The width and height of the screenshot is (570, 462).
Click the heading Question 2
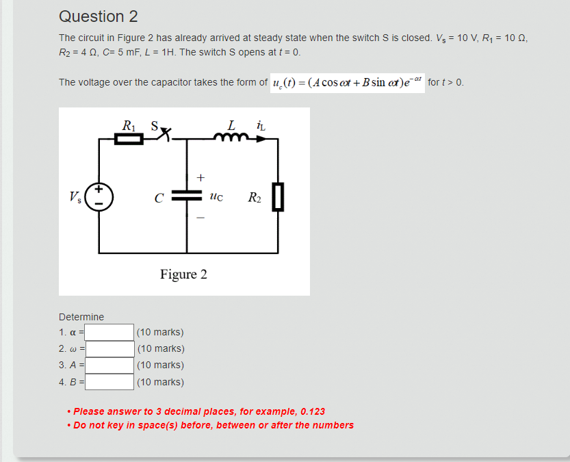[x=99, y=16]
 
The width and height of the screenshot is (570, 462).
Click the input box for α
[x=109, y=333]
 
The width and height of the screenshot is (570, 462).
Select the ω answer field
[x=109, y=349]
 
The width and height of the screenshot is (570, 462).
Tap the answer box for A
[x=109, y=365]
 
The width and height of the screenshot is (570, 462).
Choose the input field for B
[x=109, y=382]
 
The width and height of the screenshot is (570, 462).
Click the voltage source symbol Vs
[x=99, y=196]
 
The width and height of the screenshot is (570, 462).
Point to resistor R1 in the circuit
[x=129, y=140]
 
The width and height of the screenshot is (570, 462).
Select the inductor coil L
[x=231, y=138]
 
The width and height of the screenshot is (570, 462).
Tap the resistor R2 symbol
[x=278, y=197]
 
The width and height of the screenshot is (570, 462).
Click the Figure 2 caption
[x=183, y=275]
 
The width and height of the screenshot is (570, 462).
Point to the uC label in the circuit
[x=216, y=198]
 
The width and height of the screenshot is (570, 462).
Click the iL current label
[x=261, y=126]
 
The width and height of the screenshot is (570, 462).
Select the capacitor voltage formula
[x=348, y=84]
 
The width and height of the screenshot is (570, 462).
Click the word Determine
[x=81, y=317]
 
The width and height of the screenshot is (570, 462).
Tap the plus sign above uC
[x=200, y=177]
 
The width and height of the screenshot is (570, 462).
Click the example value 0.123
[x=312, y=411]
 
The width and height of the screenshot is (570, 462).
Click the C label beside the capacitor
[x=158, y=199]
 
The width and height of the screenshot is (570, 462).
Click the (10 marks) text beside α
[x=160, y=333]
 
